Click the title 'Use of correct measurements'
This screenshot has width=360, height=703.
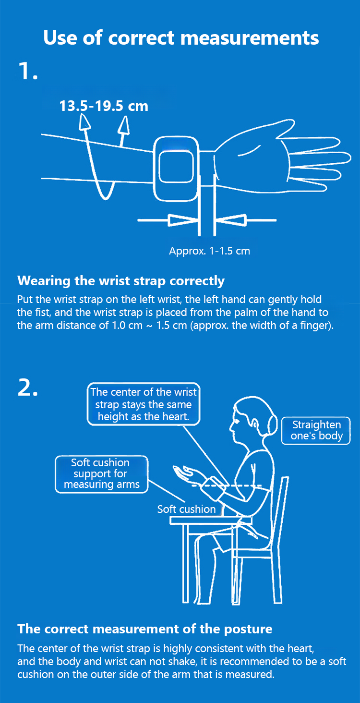click(x=181, y=37)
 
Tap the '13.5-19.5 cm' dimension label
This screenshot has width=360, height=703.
click(x=104, y=106)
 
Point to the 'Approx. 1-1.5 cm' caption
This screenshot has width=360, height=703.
click(x=209, y=251)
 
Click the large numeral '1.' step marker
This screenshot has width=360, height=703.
click(x=28, y=71)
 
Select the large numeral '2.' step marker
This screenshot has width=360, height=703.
click(x=28, y=388)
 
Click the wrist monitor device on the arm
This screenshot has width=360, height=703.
click(x=176, y=169)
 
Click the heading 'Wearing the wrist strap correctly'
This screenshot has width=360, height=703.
click(x=121, y=280)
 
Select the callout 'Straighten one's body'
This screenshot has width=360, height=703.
click(x=316, y=431)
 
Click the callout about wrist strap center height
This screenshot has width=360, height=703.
click(x=144, y=404)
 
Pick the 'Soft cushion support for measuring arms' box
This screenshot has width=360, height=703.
click(x=102, y=474)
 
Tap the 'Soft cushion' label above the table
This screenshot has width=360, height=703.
click(x=186, y=509)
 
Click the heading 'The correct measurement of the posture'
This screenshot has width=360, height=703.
click(x=145, y=629)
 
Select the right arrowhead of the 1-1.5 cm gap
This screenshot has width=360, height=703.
click(x=231, y=220)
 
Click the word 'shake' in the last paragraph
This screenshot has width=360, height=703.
click(x=183, y=661)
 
